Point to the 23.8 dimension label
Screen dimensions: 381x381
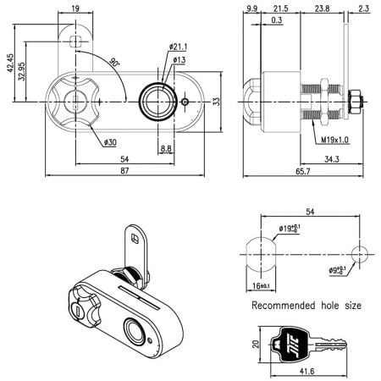[323, 10]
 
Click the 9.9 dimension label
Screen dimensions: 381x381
[251, 10]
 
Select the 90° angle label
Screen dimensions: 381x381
[115, 62]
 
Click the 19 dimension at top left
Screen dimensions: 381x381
[76, 10]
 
